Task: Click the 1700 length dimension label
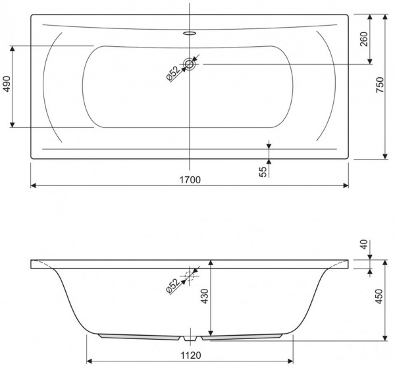pos(190,179)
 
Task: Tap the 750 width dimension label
pos(380,85)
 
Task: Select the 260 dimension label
pos(364,39)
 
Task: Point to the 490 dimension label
pos(7,84)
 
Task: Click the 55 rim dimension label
pos(263,172)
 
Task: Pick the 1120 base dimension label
pos(191,356)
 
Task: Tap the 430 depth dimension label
pos(205,296)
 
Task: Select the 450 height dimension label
pos(379,296)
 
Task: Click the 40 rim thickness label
pos(364,244)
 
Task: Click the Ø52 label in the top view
pos(173,73)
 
